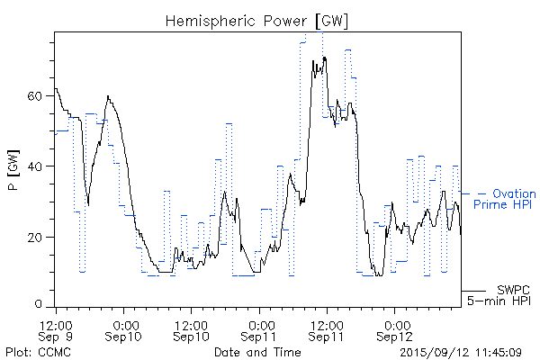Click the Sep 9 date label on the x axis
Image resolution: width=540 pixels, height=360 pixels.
pyautogui.click(x=57, y=337)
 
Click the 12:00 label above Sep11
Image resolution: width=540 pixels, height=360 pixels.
pyautogui.click(x=327, y=323)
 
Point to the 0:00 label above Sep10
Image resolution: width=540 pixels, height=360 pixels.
pyautogui.click(x=125, y=323)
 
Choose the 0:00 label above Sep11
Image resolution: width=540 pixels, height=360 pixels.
pyautogui.click(x=260, y=323)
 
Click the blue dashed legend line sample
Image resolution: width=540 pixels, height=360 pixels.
pyautogui.click(x=473, y=193)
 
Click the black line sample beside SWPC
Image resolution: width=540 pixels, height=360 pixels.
pyautogui.click(x=473, y=291)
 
